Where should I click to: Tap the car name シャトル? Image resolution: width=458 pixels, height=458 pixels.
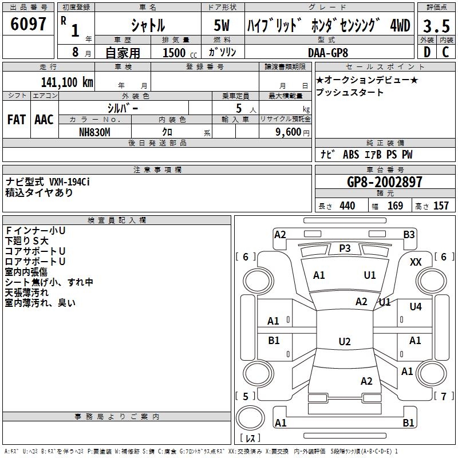tap(148, 25)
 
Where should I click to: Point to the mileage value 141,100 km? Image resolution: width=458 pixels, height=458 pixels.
tap(66, 82)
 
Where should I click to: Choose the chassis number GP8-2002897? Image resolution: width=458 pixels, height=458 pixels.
tap(385, 182)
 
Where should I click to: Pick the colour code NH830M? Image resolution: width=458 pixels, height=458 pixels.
tap(95, 131)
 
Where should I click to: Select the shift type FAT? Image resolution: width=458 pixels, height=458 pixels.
tap(16, 119)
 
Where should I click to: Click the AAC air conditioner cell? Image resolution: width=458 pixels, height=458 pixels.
tap(44, 119)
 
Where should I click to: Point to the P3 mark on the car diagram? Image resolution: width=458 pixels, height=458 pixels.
tap(345, 248)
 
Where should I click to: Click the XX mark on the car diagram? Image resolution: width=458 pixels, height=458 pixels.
tap(416, 262)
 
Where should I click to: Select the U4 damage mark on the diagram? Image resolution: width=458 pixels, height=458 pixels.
tap(415, 307)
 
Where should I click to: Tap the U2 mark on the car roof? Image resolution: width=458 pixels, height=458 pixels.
tap(344, 341)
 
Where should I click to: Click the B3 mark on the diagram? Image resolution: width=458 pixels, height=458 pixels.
tap(409, 234)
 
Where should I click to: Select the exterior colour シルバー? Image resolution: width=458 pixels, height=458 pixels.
tap(122, 107)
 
